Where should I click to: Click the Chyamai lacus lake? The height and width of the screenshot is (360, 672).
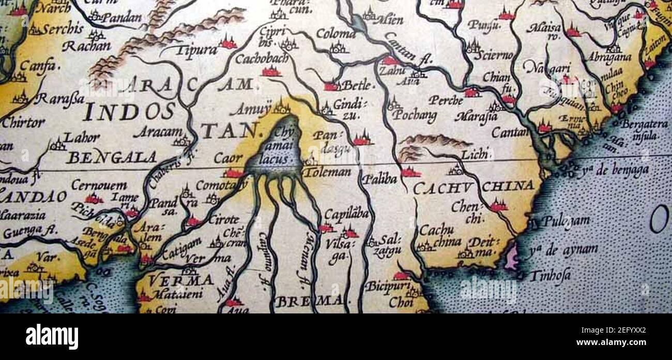(274, 150)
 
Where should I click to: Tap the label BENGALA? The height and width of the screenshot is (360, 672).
(112, 157)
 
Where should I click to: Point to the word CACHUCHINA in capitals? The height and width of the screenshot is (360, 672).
(474, 186)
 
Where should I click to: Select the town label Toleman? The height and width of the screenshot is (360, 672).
(327, 172)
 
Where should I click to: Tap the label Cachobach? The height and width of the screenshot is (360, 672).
(262, 59)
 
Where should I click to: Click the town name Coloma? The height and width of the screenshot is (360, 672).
(335, 35)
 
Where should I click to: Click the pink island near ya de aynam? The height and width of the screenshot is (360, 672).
(512, 258)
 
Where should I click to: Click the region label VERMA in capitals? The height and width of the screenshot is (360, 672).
(181, 280)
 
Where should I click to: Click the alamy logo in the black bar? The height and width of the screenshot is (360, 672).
(52, 337)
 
